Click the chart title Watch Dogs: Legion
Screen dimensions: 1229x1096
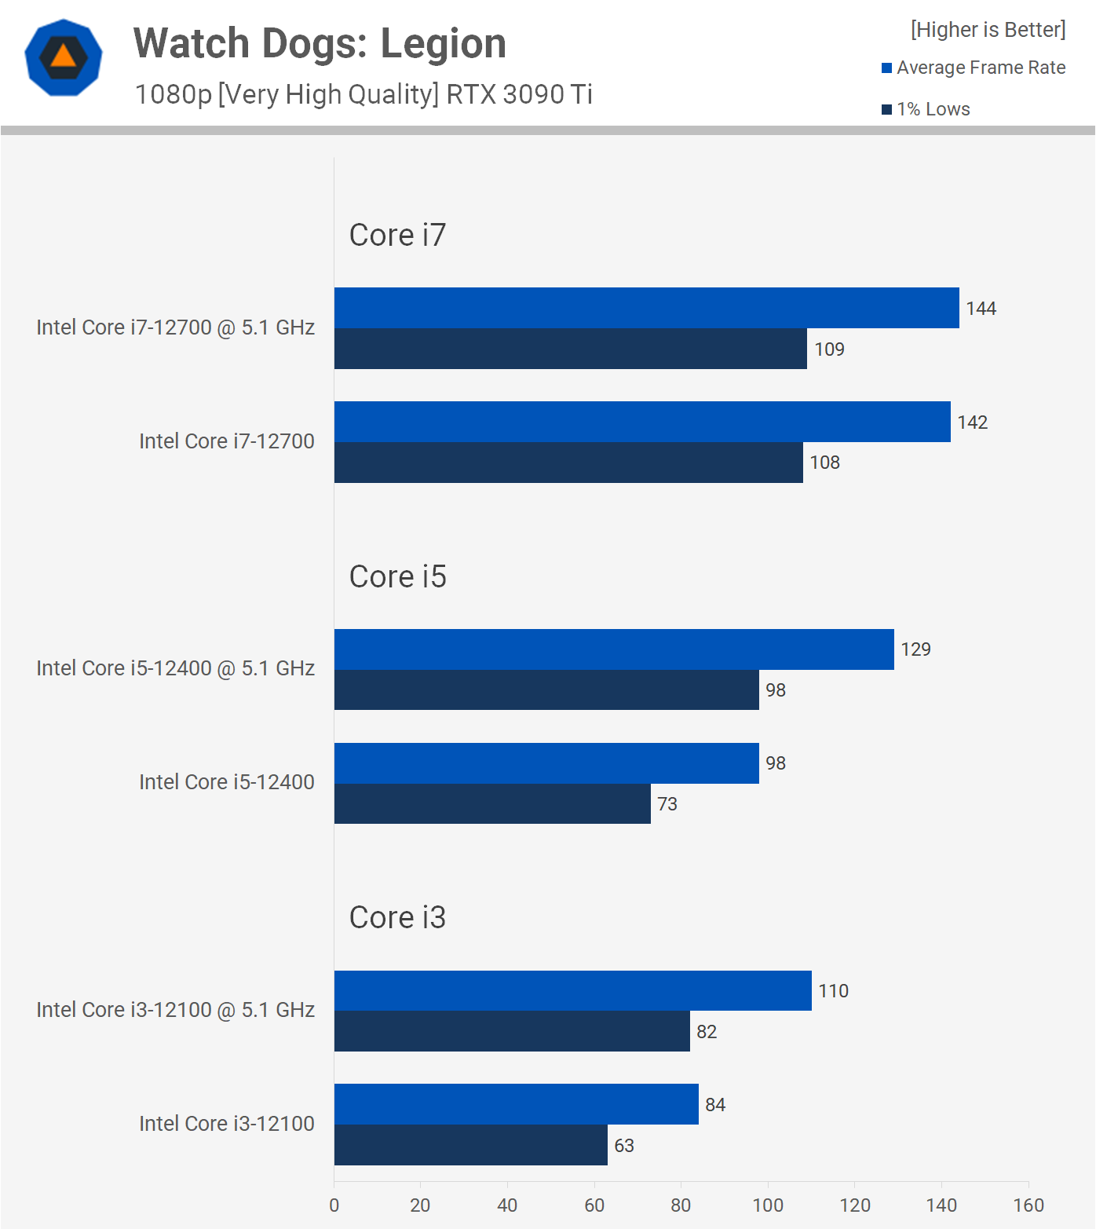(320, 43)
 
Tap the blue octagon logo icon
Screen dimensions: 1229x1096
(64, 57)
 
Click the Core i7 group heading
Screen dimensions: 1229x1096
(397, 235)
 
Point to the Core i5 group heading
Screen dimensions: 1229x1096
(397, 576)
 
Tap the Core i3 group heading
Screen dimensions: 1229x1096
(397, 917)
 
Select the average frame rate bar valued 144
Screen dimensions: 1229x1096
(646, 308)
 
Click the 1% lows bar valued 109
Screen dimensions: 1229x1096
(570, 349)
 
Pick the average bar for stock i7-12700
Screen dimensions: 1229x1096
(642, 422)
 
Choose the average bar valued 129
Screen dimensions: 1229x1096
(614, 649)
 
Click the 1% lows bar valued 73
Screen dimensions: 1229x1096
(492, 803)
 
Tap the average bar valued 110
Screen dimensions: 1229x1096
(572, 990)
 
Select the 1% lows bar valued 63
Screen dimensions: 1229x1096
(470, 1145)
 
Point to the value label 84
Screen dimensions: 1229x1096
(715, 1105)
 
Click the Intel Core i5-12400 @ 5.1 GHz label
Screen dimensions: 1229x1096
(175, 668)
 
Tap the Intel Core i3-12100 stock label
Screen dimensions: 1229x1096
(226, 1124)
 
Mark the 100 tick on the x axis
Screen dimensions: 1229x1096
(768, 1205)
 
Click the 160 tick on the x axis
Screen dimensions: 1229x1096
(1028, 1205)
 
